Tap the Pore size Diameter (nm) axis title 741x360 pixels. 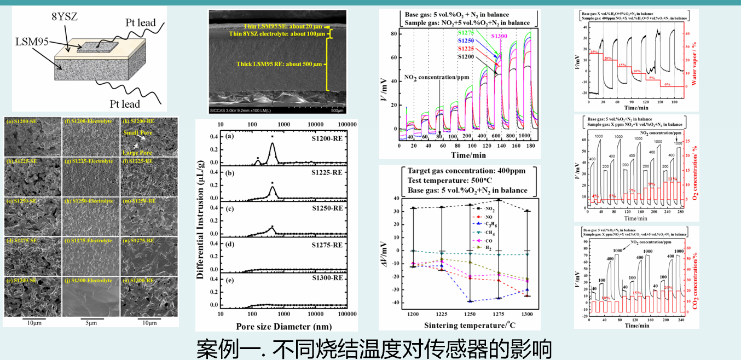(283, 326)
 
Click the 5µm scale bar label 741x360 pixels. (88, 323)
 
